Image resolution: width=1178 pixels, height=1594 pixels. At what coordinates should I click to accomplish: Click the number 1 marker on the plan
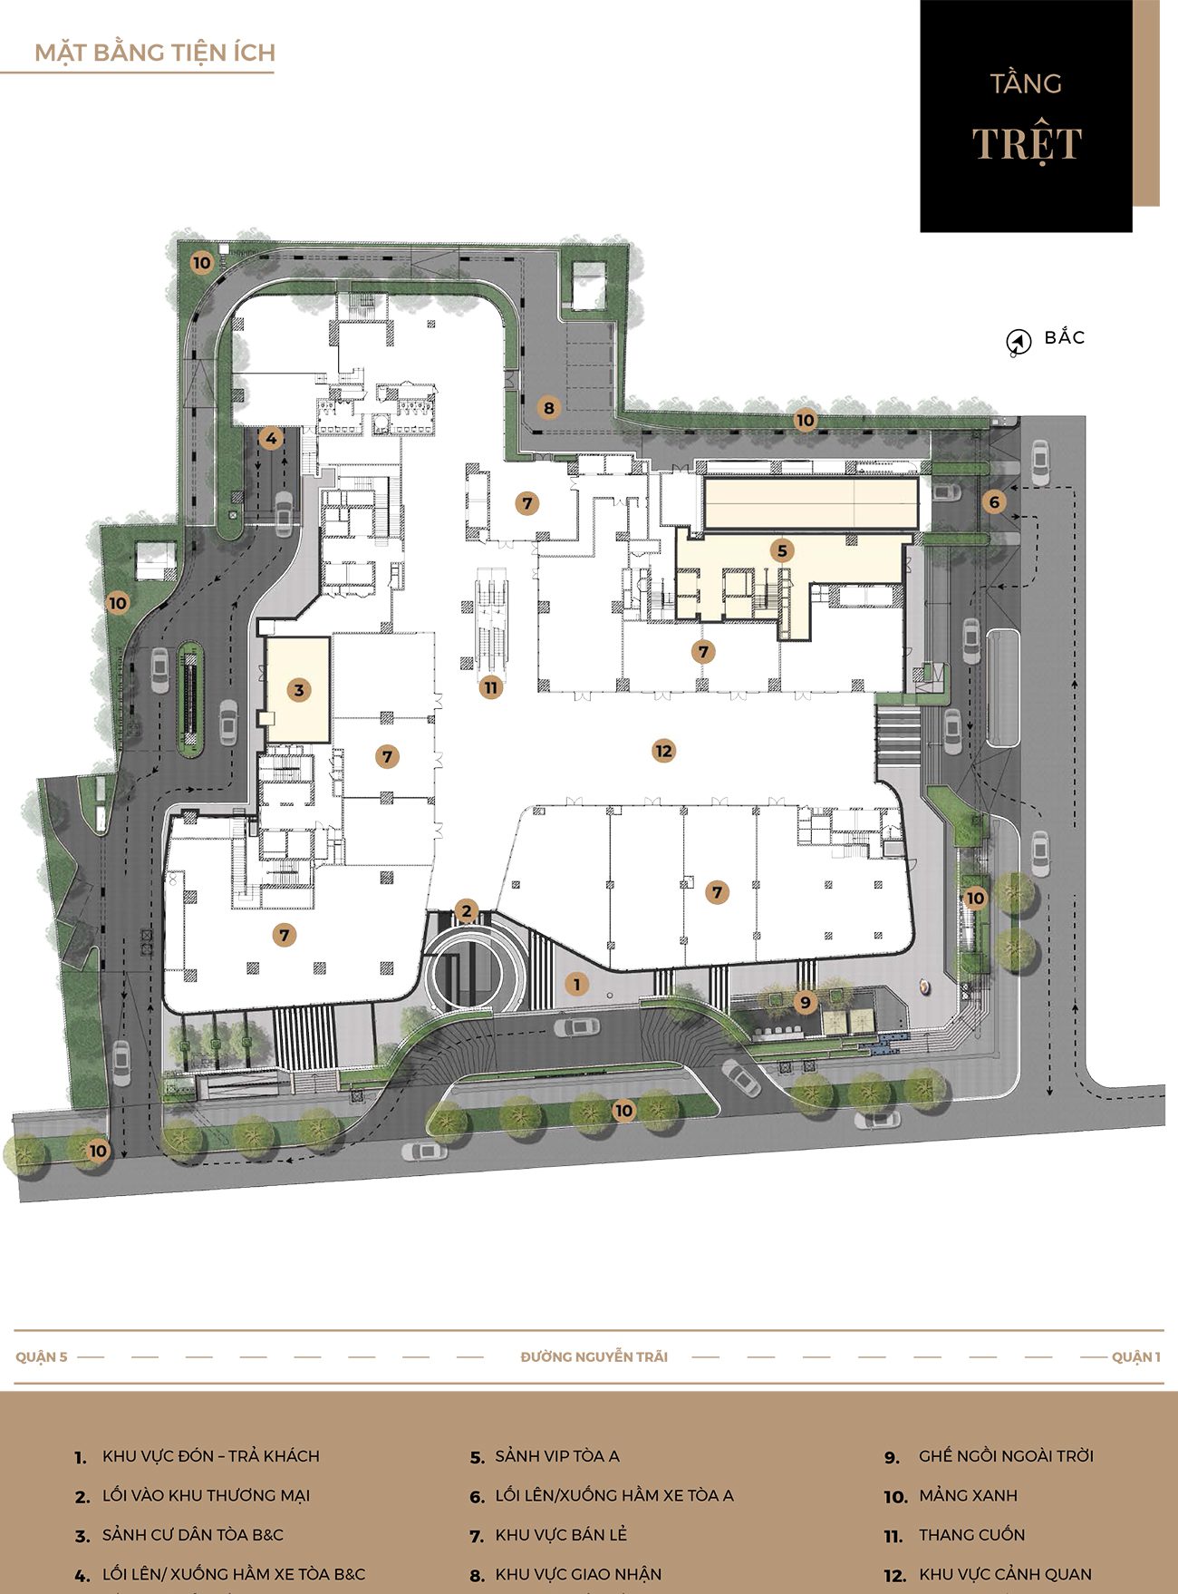[x=575, y=983]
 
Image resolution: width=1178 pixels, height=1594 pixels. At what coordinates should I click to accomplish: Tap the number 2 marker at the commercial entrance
[x=466, y=911]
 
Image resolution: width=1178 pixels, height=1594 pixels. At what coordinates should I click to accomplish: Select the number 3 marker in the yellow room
[x=299, y=690]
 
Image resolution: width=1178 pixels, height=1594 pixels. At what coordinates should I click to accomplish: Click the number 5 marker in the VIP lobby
[x=782, y=550]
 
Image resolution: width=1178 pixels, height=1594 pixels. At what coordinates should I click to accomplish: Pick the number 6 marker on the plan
[x=994, y=501]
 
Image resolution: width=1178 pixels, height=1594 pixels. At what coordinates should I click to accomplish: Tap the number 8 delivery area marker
[x=548, y=408]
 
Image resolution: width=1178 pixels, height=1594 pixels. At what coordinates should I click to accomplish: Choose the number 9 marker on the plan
[x=805, y=1002]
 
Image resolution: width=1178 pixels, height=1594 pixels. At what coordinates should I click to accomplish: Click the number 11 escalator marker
[x=490, y=687]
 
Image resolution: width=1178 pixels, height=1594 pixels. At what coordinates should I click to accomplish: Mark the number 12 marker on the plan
[x=663, y=751]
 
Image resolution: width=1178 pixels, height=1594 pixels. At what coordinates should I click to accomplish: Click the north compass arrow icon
[x=1019, y=342]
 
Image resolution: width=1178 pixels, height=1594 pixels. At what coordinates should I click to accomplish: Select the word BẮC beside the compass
[x=1065, y=336]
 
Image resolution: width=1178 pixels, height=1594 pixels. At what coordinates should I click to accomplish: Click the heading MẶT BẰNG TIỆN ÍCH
[x=155, y=53]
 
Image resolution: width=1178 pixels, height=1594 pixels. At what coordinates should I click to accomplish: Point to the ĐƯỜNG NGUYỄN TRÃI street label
[x=594, y=1356]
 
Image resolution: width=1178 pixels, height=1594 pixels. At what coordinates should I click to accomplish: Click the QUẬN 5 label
[x=42, y=1356]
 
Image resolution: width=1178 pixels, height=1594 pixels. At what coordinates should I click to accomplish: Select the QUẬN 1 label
[x=1136, y=1356]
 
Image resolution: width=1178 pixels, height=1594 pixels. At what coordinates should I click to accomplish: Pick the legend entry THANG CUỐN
[x=971, y=1534]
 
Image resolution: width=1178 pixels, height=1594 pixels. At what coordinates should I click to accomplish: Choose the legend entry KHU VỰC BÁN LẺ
[x=561, y=1534]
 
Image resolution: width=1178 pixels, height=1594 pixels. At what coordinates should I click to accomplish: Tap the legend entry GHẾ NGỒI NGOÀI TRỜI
[x=1006, y=1455]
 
